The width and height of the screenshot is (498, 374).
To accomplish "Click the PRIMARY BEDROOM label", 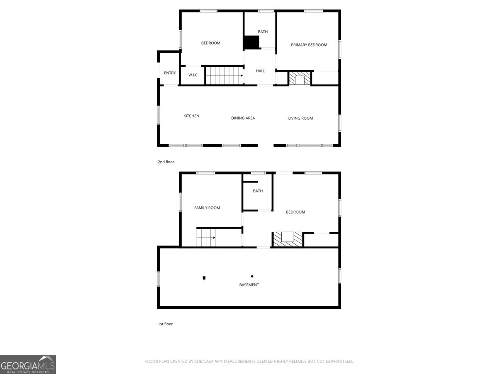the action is point(309,45).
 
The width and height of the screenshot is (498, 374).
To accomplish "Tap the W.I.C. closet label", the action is point(193,75).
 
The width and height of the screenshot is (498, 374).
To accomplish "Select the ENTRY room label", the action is point(170,73).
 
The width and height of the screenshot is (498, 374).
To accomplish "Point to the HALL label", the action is point(261,71).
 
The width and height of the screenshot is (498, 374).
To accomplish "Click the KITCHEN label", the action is point(191,116).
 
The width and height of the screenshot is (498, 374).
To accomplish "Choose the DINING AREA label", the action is point(243,118).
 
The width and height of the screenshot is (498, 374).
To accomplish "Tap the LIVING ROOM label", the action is point(300,118).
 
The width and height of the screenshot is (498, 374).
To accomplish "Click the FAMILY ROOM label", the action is point(207,208).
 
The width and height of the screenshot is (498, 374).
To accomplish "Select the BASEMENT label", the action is point(249,285).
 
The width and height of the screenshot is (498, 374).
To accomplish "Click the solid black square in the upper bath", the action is point(251,42).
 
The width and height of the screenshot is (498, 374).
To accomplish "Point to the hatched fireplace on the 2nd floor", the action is point(300,79).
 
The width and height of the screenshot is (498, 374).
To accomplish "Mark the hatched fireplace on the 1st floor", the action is point(288,239).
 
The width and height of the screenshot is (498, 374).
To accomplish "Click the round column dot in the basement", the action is point(252,276).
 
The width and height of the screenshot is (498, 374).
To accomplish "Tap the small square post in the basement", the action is point(204,278).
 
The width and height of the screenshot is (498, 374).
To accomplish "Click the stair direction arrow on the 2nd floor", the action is point(242,76).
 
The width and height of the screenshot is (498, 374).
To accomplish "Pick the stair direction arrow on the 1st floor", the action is point(214,238).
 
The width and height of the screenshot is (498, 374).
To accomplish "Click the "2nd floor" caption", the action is point(166,162).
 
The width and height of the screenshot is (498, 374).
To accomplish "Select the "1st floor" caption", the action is point(165,324).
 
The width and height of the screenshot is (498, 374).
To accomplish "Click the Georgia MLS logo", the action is point(28,364).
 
